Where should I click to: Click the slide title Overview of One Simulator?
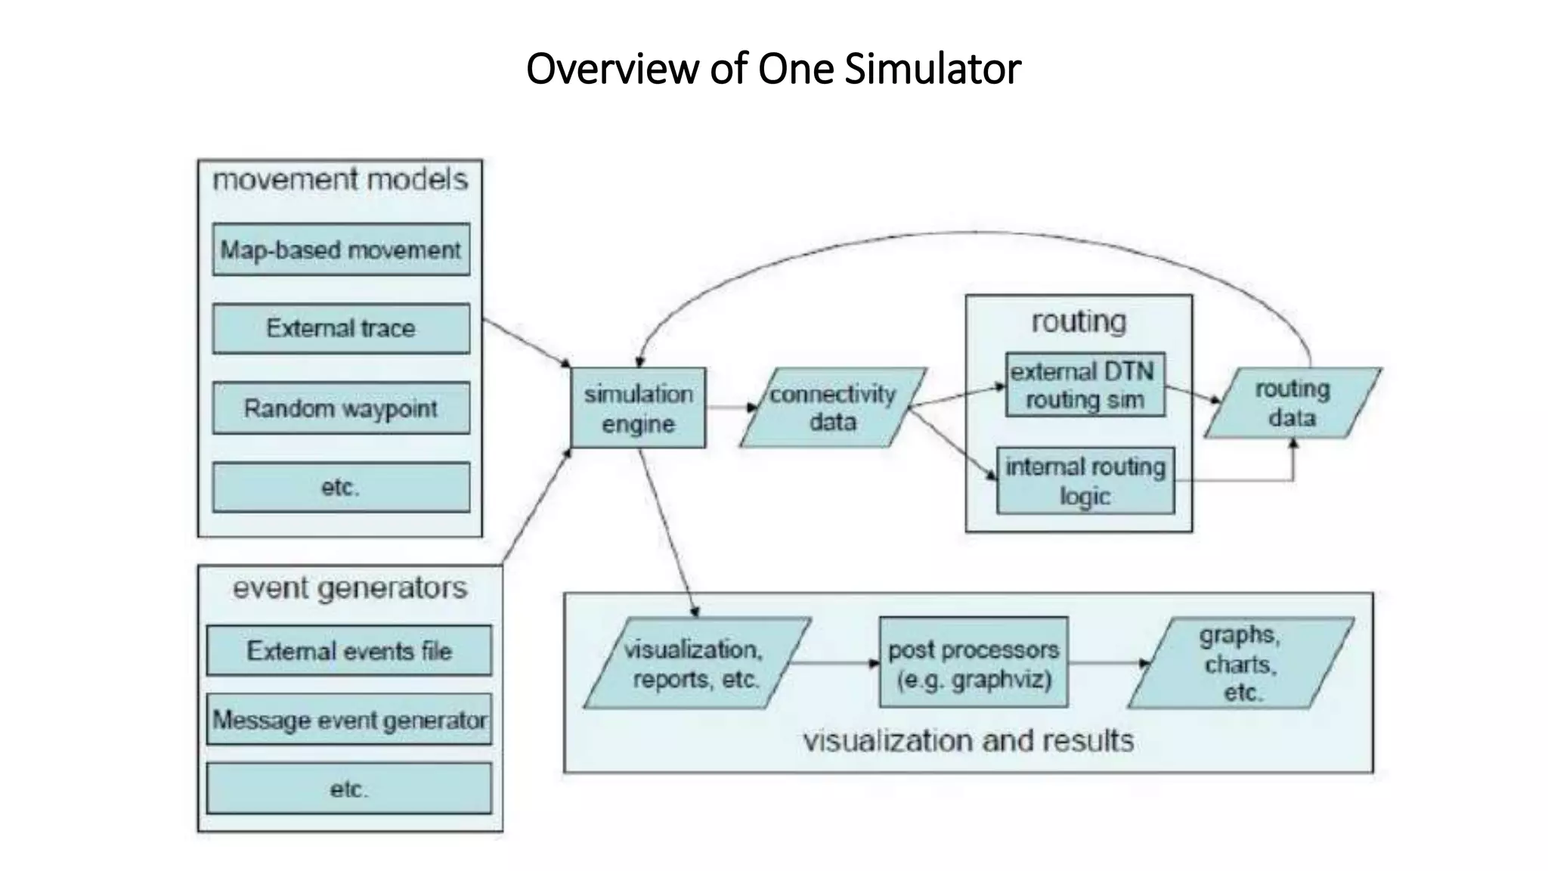tap(773, 68)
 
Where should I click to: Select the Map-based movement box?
tap(341, 250)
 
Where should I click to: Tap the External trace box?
tap(341, 328)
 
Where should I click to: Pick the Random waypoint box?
tap(341, 408)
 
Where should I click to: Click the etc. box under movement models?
tap(341, 487)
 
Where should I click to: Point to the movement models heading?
tap(340, 180)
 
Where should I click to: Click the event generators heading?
tap(349, 588)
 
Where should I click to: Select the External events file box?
tap(348, 650)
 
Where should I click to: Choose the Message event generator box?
tap(348, 719)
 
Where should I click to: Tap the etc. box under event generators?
tap(348, 789)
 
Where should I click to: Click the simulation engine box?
tap(638, 408)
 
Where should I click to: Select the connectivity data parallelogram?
tap(833, 408)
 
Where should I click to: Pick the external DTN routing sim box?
tap(1085, 385)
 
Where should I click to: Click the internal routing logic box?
tap(1085, 481)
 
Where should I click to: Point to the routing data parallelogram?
tap(1293, 403)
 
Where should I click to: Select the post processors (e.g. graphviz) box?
tap(974, 663)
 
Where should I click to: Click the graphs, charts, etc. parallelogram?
tap(1240, 663)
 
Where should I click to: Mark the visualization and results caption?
tap(968, 740)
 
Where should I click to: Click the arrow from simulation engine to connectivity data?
tap(730, 408)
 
